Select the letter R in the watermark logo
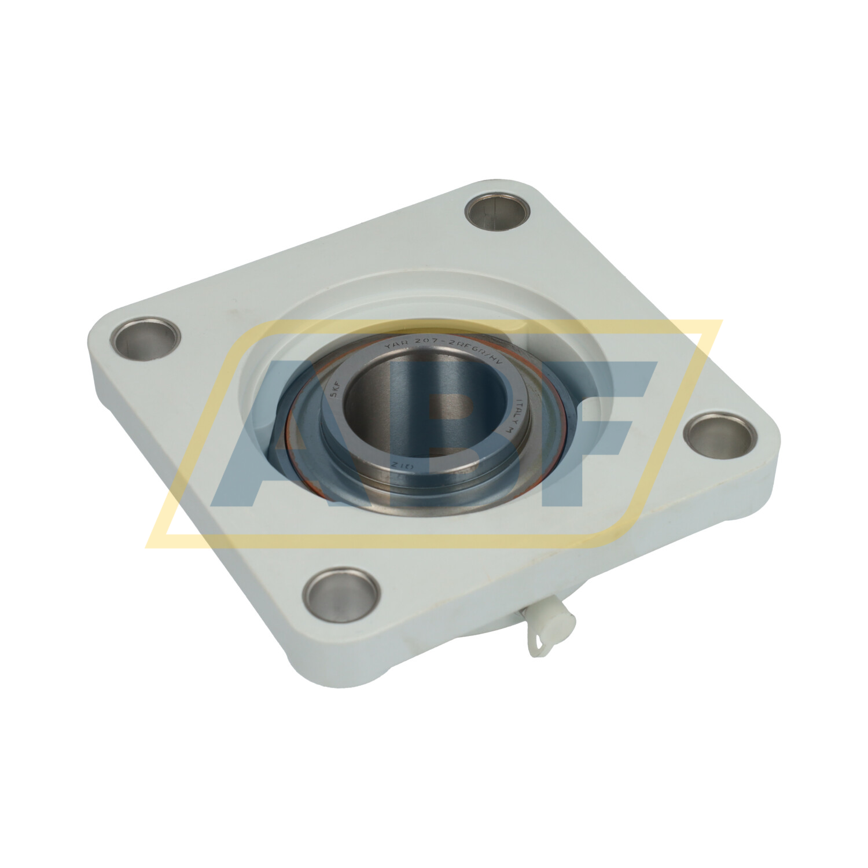click(x=440, y=440)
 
